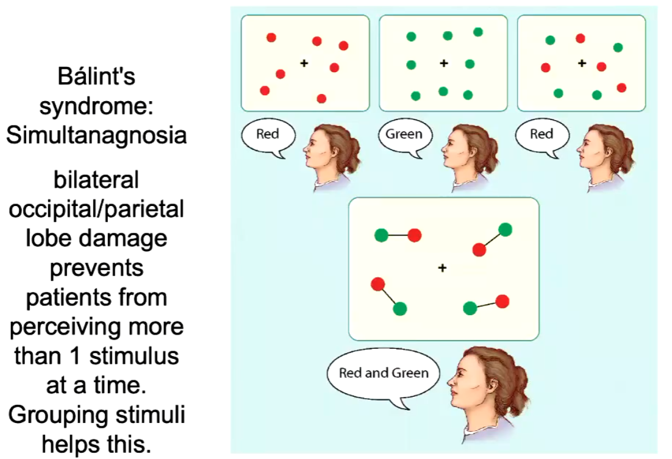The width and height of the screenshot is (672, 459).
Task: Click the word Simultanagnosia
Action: [96, 135]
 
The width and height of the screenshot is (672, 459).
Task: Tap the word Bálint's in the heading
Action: [96, 77]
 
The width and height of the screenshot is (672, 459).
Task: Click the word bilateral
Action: [96, 180]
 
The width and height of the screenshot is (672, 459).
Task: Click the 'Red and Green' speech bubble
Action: [384, 373]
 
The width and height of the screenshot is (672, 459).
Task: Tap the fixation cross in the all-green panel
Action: [444, 63]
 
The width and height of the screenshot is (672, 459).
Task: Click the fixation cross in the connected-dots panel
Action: [443, 267]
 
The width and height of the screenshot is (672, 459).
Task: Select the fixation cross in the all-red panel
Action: [304, 63]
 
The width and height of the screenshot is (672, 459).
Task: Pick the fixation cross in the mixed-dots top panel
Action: [582, 63]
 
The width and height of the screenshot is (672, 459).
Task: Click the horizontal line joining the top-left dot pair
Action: [398, 235]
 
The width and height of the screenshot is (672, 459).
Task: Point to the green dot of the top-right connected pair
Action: [505, 230]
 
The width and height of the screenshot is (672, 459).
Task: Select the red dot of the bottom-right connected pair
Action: [502, 301]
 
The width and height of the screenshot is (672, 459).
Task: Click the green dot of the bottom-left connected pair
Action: [399, 309]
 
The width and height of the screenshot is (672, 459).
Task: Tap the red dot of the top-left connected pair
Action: [415, 235]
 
